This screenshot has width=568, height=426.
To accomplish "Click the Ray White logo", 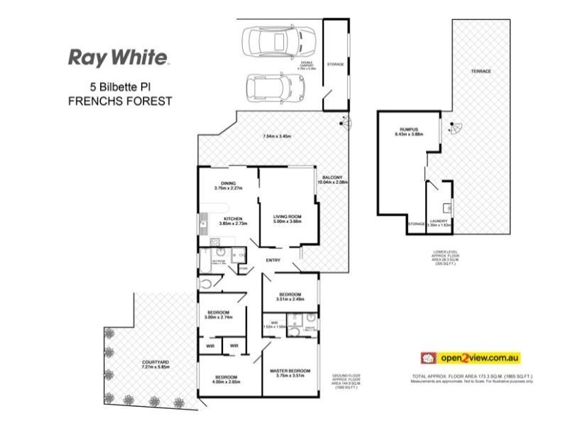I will [x=118, y=58].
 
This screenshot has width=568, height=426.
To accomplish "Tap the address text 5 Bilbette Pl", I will [x=119, y=87].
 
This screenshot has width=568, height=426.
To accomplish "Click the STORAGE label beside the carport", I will [x=335, y=65].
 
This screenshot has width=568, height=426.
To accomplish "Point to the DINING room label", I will [x=228, y=182].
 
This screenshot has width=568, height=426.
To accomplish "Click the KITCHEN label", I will [x=234, y=218].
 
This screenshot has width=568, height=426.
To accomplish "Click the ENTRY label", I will [x=273, y=261].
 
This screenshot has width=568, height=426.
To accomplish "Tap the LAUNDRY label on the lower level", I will [x=438, y=221].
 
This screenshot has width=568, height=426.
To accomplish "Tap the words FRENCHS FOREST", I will [x=120, y=101].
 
